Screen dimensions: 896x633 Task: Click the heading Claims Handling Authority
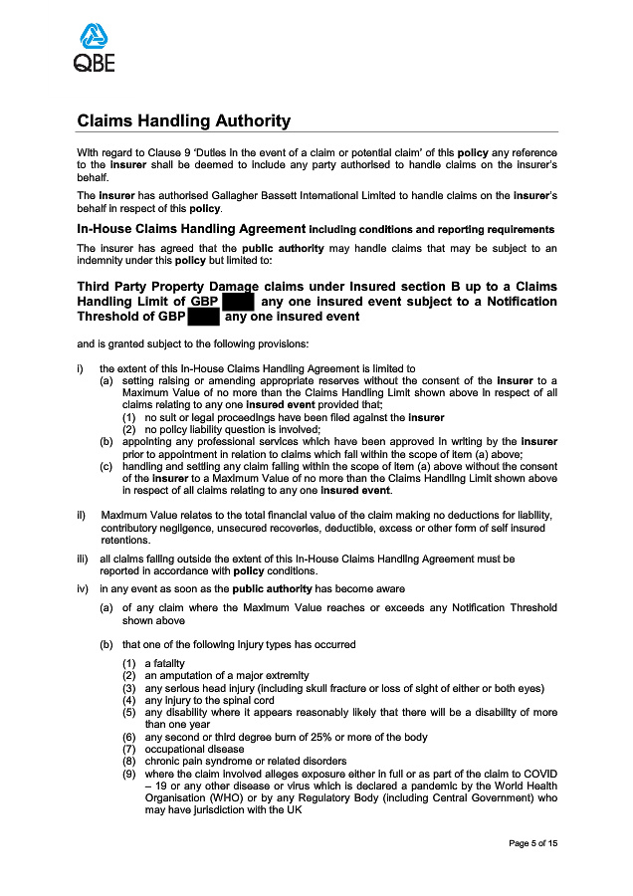tap(184, 121)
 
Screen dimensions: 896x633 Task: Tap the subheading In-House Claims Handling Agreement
tap(191, 229)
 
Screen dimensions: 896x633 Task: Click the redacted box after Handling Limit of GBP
tap(239, 301)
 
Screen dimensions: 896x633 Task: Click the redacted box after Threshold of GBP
tap(203, 317)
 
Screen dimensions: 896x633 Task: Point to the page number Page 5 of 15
tap(532, 843)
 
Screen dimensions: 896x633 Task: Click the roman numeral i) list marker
tap(81, 368)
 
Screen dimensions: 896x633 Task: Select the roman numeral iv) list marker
tap(84, 588)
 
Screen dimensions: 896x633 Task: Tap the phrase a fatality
tap(164, 663)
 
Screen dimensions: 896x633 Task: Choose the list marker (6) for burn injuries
tap(129, 737)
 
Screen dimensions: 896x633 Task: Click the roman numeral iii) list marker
tap(84, 560)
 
